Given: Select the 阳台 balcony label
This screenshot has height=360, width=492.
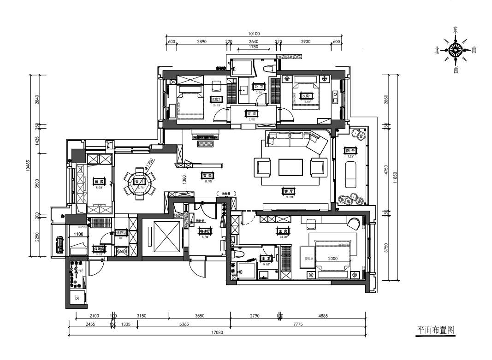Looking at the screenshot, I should pyautogui.click(x=350, y=151).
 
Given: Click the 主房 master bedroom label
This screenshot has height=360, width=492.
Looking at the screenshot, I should pyautogui.click(x=283, y=231).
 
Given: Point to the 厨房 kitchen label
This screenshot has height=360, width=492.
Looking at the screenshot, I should pyautogui.click(x=99, y=182).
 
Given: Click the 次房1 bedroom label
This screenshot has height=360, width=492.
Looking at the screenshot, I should pyautogui.click(x=308, y=96).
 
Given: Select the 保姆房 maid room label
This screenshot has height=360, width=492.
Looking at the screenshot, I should pyautogui.click(x=100, y=249).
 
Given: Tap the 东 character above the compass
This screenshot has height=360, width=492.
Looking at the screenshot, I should pyautogui.click(x=456, y=30).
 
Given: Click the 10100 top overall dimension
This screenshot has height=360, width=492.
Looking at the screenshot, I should pyautogui.click(x=254, y=34).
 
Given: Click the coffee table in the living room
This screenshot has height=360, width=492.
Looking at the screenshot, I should pyautogui.click(x=290, y=167).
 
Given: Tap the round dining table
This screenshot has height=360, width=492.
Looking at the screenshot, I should pyautogui.click(x=139, y=182).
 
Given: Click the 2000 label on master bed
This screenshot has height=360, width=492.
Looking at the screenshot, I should pyautogui.click(x=332, y=259).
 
